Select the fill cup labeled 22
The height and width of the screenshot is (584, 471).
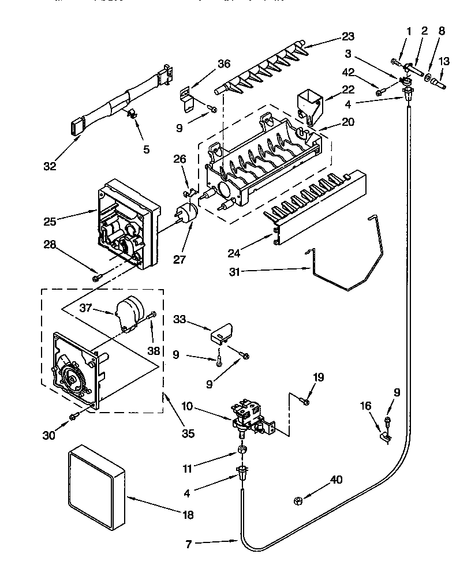(x=311, y=104)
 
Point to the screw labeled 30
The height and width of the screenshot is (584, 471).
(x=73, y=416)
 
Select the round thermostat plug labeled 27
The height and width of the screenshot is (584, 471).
(x=188, y=212)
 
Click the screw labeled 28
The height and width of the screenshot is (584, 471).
(x=96, y=278)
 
